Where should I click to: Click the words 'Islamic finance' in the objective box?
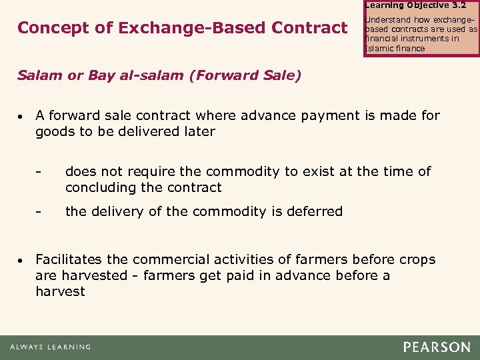(395, 48)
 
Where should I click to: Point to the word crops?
(417, 259)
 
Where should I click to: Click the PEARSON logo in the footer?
(436, 347)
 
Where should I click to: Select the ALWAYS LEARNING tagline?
(50, 347)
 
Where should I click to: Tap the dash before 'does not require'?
(39, 172)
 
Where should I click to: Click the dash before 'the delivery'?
(39, 212)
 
